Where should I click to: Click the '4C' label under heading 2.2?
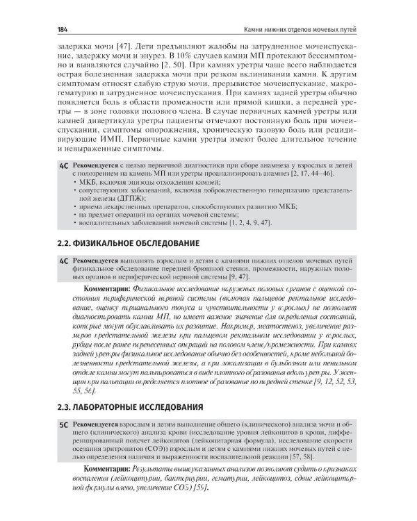pos(63,260)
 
